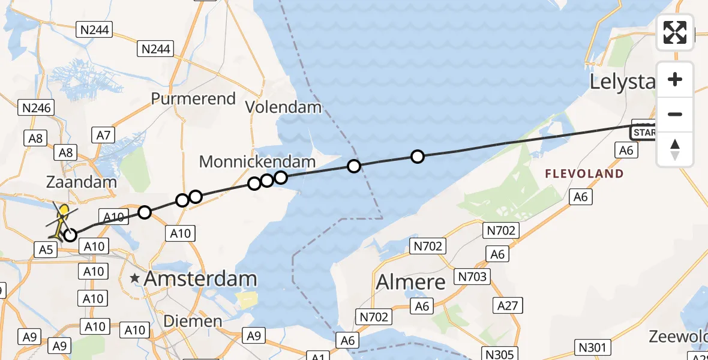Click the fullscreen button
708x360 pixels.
[x=675, y=32]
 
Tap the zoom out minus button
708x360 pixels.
[x=675, y=114]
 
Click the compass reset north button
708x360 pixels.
[x=675, y=149]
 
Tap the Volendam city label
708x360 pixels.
[x=284, y=108]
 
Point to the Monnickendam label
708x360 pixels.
[x=257, y=161]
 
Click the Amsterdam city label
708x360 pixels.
[x=200, y=278]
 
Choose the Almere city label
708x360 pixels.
[x=411, y=281]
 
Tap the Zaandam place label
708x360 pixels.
[x=81, y=182]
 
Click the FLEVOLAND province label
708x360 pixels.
[x=584, y=174]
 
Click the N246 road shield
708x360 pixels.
[x=37, y=108]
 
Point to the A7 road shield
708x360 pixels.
[x=103, y=135]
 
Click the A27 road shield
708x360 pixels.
[x=508, y=305]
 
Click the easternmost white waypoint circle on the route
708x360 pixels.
[x=418, y=157]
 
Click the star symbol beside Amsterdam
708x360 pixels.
[x=135, y=278]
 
